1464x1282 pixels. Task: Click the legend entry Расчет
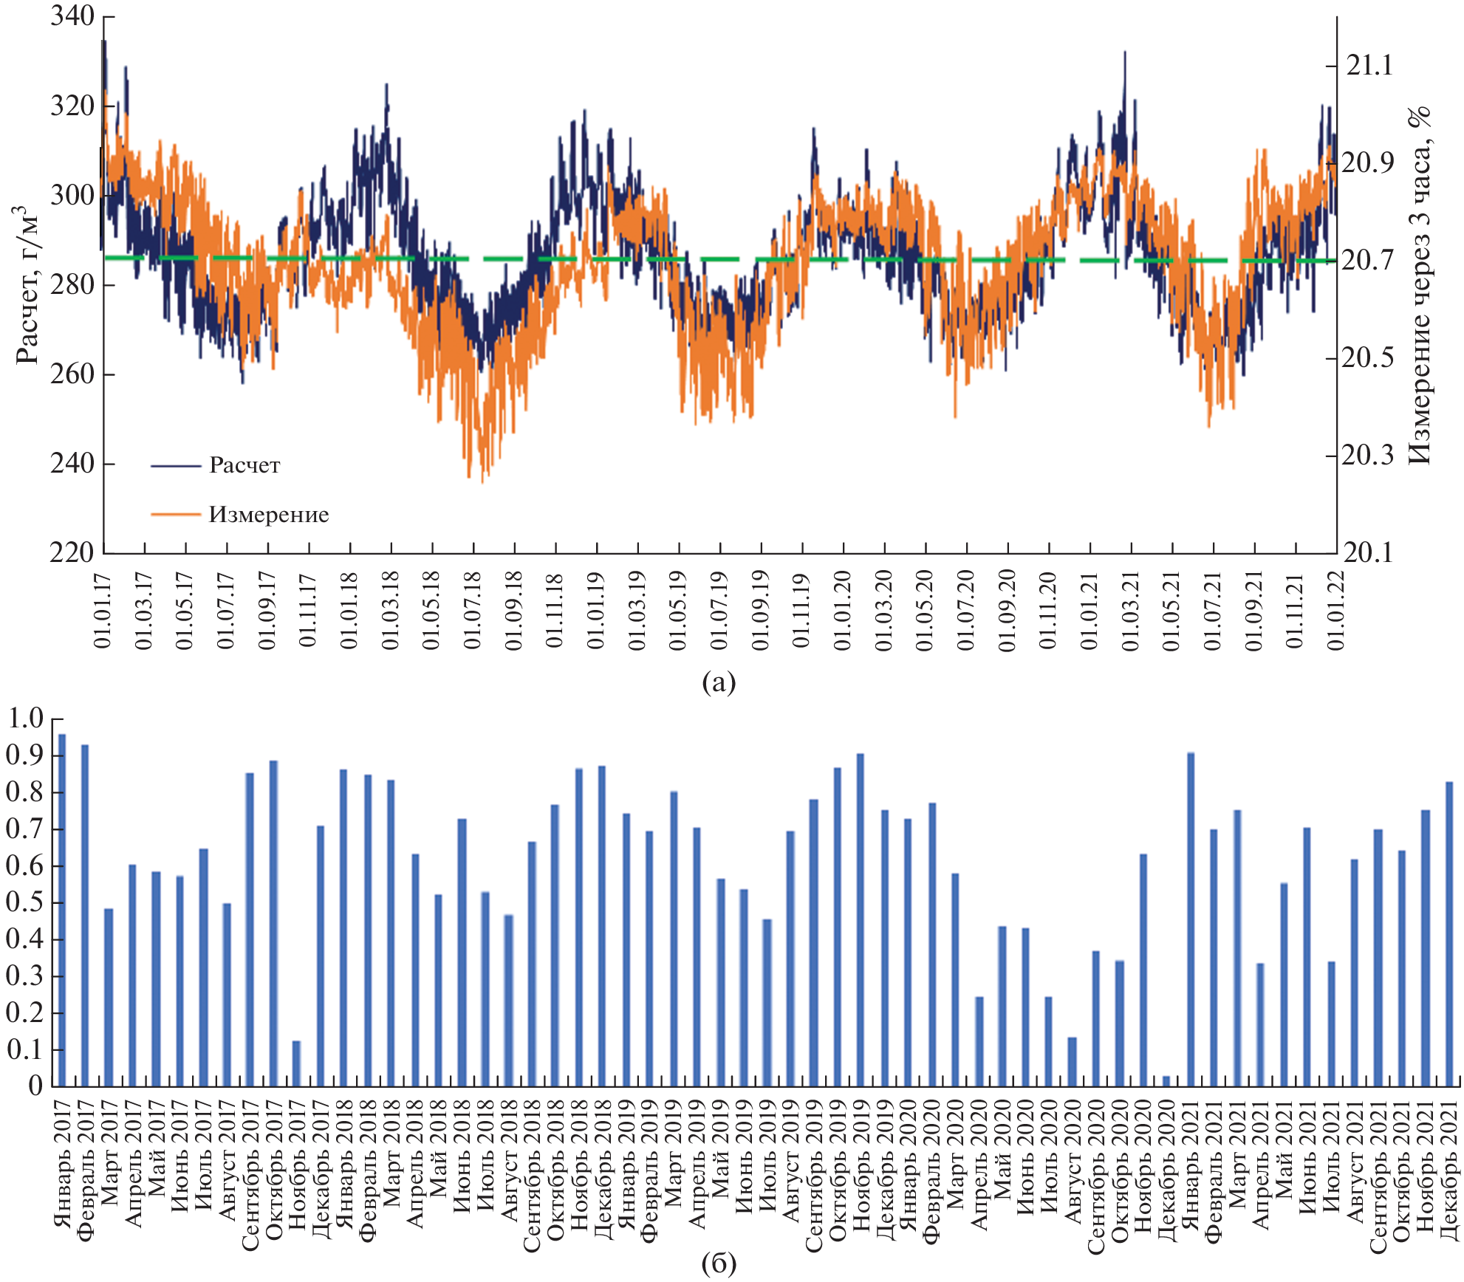click(244, 465)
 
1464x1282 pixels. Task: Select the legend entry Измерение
click(268, 514)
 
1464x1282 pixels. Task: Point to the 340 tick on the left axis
click(72, 16)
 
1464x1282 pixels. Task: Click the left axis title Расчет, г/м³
click(28, 284)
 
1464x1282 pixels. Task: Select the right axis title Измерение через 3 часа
click(1420, 284)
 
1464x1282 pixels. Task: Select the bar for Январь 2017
click(62, 910)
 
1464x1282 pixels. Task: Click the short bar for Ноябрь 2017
click(297, 1063)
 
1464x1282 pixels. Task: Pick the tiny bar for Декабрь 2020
click(1166, 1081)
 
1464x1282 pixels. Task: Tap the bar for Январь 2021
click(1191, 919)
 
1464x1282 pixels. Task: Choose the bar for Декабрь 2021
click(1449, 934)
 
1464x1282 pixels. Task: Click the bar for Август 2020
click(1073, 1062)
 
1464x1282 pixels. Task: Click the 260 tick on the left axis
click(72, 374)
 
